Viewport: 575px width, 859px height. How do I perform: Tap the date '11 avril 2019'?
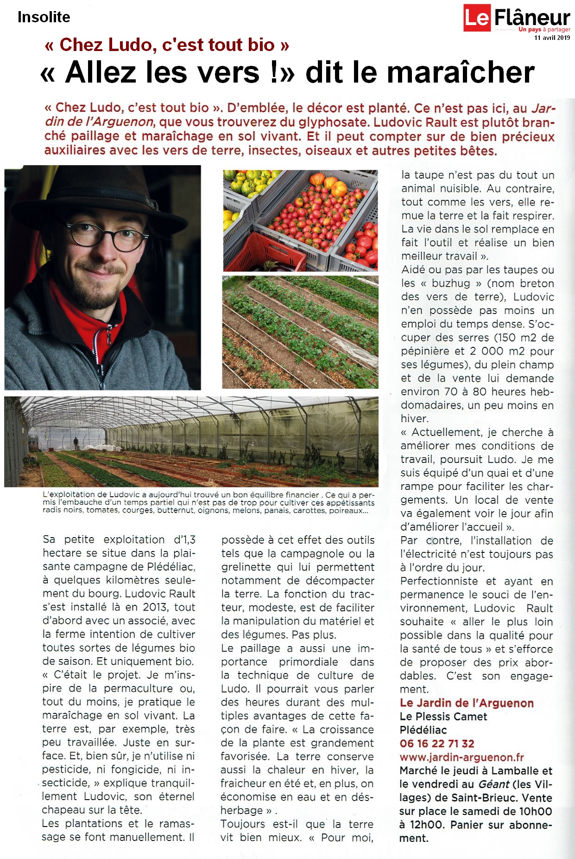click(x=552, y=38)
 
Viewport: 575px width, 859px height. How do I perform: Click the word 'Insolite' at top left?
click(x=44, y=17)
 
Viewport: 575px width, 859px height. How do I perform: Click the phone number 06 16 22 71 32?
click(x=437, y=744)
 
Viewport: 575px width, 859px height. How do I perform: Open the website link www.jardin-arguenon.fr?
click(x=461, y=757)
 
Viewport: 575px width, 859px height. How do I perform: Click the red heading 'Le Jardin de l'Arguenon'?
click(x=467, y=703)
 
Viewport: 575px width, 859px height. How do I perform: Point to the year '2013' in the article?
click(x=155, y=607)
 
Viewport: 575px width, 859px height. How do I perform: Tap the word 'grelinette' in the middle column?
click(x=246, y=567)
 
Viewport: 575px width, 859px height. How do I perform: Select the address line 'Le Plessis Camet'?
click(x=443, y=717)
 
